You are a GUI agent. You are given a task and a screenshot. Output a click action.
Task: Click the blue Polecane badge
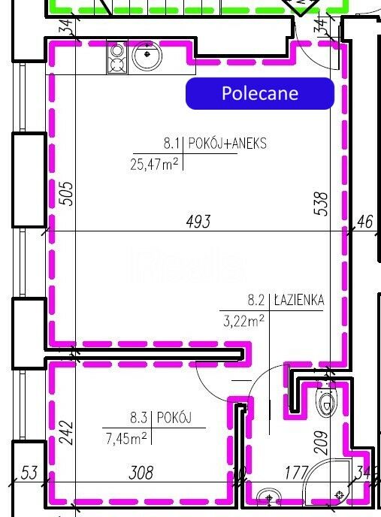[x=260, y=93]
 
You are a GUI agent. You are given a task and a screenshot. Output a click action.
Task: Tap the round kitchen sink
[x=147, y=56]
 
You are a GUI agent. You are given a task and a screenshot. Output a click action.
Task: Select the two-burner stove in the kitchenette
[x=117, y=57]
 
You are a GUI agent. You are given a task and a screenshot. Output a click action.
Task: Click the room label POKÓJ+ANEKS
[x=227, y=144]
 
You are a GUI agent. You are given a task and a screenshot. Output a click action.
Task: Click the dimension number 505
[x=67, y=194]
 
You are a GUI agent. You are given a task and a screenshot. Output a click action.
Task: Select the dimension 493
[x=198, y=221]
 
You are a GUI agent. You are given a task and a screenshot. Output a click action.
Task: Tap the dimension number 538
[x=322, y=204]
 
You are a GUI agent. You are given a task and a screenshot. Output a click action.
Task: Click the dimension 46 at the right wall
[x=364, y=222]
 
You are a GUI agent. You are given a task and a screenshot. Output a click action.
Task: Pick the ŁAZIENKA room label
[x=299, y=300]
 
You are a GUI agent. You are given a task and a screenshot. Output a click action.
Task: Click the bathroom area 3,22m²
[x=243, y=320]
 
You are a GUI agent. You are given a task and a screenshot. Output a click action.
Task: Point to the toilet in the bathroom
[x=326, y=403]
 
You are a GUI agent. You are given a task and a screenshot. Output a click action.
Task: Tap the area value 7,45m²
[x=126, y=439]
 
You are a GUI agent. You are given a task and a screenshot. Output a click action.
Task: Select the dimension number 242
[x=67, y=432]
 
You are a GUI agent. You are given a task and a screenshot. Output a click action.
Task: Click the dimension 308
[x=141, y=473]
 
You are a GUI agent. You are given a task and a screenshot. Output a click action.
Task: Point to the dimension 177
[x=297, y=473]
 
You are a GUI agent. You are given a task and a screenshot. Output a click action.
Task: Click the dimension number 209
[x=322, y=443]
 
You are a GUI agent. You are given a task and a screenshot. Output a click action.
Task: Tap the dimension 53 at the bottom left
[x=29, y=473]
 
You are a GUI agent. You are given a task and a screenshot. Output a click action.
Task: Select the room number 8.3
[x=138, y=418]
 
